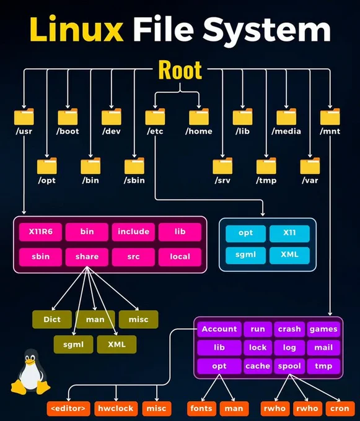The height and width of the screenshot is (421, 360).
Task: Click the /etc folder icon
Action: (x=156, y=117)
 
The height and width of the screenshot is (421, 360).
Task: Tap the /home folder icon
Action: (x=199, y=117)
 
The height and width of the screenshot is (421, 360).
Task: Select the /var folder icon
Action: (x=310, y=166)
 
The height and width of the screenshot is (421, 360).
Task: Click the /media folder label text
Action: (x=286, y=131)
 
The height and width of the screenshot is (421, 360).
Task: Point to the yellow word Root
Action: (x=180, y=70)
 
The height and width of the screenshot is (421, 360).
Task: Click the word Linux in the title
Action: (x=76, y=29)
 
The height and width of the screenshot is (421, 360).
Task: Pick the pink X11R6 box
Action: (x=40, y=232)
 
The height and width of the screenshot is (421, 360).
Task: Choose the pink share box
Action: (x=87, y=257)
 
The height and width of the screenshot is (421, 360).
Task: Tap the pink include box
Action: (x=133, y=232)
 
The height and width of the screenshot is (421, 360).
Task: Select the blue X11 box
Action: (x=289, y=233)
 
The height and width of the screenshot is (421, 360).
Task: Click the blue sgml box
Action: (x=245, y=255)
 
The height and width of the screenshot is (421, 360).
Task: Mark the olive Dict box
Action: (x=52, y=319)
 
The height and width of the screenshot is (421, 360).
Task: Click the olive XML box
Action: (x=116, y=344)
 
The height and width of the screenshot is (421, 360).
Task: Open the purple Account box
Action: (x=219, y=329)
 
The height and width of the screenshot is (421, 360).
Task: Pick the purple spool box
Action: (x=289, y=367)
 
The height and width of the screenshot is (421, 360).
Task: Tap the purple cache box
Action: (x=258, y=367)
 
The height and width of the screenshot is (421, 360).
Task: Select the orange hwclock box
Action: (x=116, y=409)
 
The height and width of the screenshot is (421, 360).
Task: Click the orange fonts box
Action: (x=201, y=409)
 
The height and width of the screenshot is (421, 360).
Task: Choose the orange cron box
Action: (x=340, y=409)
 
